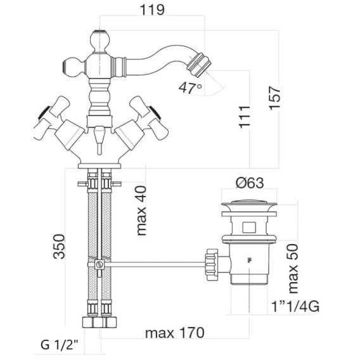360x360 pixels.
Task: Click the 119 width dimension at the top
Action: coord(152,10)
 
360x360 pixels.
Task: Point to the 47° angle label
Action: coord(190,87)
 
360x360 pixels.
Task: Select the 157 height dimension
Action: coord(274,98)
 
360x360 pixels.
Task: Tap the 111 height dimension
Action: coord(244,117)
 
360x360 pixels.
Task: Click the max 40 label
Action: coord(141,210)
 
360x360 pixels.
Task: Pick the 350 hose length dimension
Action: coord(59,247)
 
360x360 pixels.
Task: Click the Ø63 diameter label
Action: coord(250,183)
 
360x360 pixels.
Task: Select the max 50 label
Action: coord(293,269)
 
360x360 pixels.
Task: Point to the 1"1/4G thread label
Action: coord(295,306)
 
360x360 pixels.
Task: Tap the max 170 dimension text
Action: coord(175,333)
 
